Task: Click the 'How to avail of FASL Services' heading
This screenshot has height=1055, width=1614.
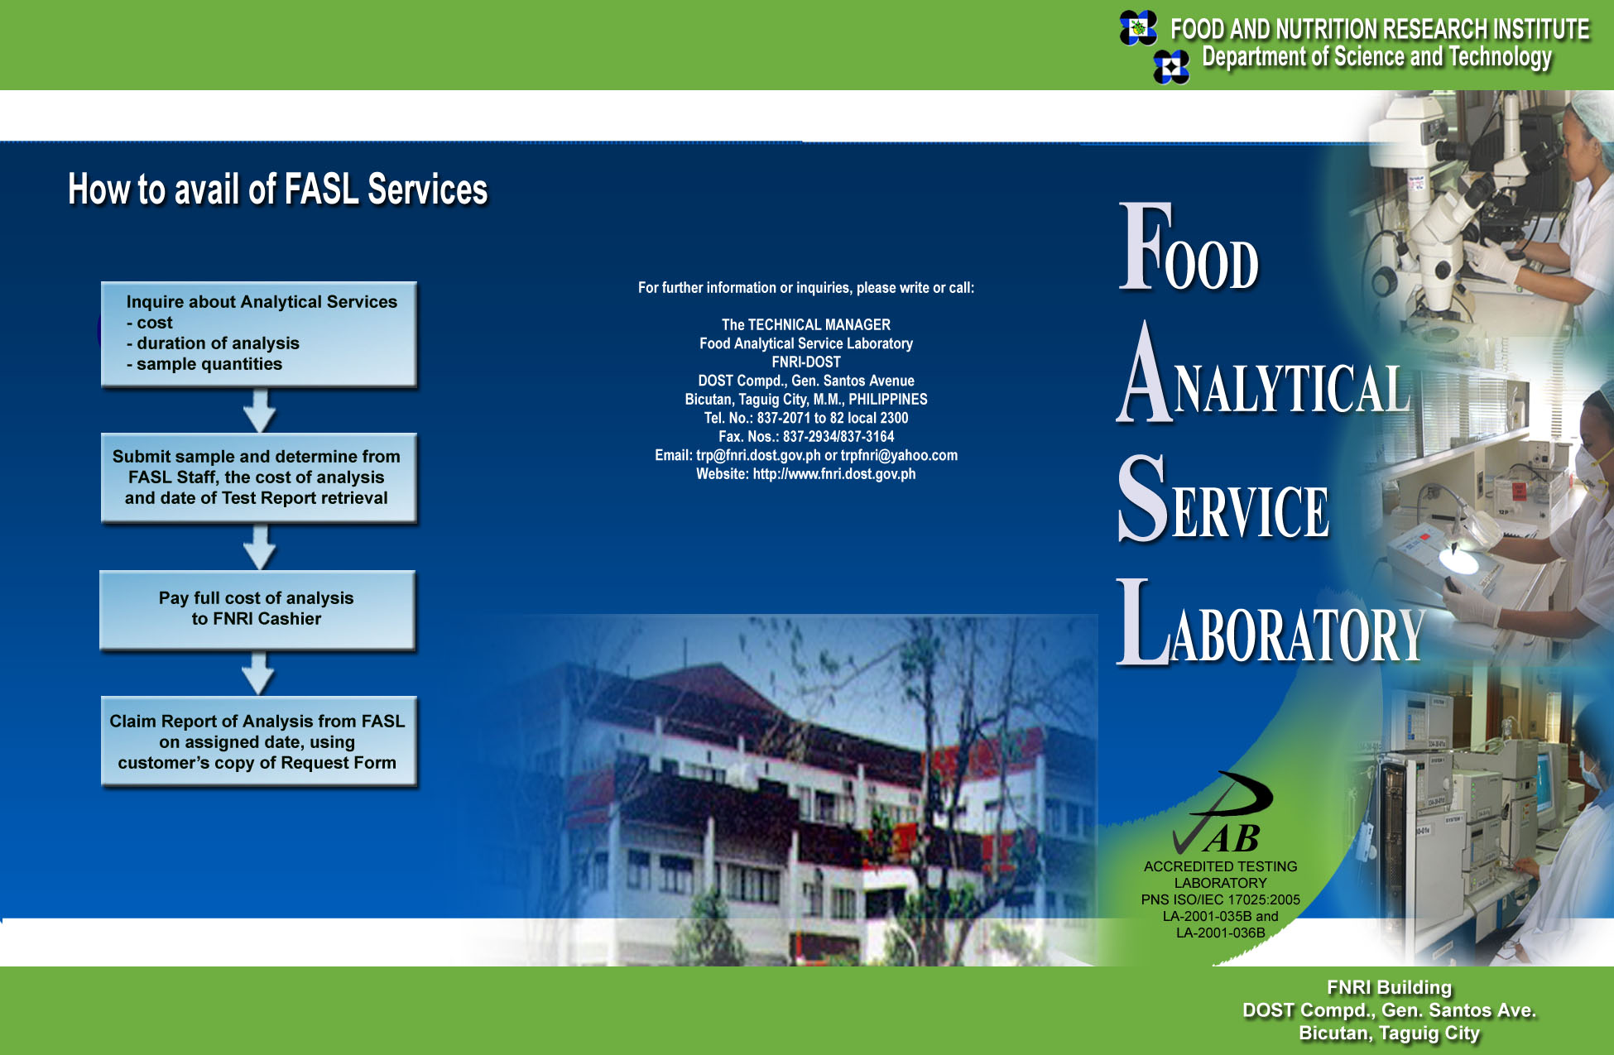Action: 278,189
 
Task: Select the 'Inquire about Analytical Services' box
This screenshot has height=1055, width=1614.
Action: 259,334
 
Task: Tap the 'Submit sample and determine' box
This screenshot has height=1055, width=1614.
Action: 258,477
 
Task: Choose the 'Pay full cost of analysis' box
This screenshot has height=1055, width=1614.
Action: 257,610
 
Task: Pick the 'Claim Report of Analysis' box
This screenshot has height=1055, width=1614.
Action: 259,741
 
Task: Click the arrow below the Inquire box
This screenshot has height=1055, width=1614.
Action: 260,410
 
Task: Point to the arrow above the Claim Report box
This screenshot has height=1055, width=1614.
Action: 258,674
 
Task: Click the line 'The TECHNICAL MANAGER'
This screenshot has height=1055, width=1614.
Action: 806,325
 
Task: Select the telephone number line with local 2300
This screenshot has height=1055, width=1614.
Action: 806,418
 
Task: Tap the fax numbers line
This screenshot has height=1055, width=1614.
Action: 806,437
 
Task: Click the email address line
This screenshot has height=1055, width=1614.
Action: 806,455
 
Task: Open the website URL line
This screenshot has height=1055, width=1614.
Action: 806,474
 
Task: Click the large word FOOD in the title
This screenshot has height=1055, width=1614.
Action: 1189,247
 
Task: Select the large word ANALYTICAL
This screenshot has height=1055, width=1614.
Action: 1264,373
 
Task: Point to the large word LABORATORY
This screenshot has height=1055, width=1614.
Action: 1270,623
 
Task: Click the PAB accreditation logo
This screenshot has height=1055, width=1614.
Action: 1223,813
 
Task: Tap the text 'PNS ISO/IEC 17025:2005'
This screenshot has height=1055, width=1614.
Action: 1220,899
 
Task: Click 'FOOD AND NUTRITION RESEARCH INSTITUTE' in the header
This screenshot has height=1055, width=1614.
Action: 1380,30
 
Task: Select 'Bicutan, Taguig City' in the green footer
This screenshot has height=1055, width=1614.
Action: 1389,1033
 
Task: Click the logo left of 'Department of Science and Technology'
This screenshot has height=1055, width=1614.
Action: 1171,67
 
